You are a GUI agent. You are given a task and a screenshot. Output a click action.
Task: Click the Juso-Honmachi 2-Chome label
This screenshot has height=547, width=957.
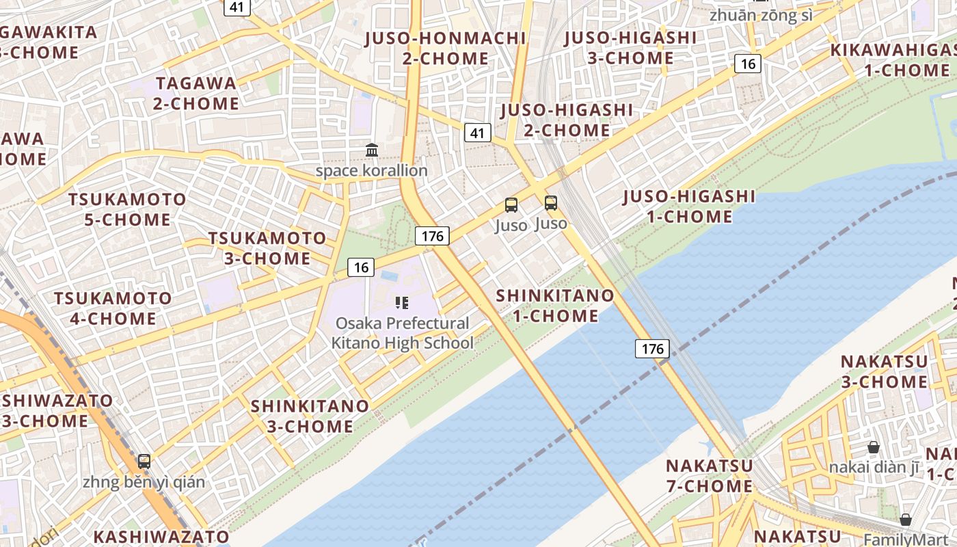tap(446, 48)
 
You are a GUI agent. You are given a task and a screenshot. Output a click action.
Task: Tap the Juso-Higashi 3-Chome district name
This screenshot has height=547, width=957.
tap(630, 48)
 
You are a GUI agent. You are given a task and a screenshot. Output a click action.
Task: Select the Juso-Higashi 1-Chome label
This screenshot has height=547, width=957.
tap(689, 206)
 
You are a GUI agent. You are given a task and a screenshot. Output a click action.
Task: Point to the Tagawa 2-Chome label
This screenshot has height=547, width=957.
tap(196, 94)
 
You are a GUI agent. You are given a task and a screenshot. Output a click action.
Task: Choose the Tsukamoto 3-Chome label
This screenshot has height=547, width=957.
tap(267, 248)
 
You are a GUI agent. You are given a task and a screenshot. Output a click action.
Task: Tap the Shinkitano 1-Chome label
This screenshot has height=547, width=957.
tap(555, 306)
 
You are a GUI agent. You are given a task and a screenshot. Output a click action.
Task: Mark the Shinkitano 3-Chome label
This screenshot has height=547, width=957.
tap(310, 416)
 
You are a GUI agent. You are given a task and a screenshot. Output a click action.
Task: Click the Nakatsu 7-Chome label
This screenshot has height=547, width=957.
tap(710, 476)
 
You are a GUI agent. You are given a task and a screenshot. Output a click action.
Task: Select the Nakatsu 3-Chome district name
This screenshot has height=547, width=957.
tap(884, 371)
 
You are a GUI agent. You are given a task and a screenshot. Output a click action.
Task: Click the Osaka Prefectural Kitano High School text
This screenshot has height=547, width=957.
tap(402, 333)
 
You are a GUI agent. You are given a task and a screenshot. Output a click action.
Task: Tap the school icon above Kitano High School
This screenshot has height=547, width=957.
tap(402, 302)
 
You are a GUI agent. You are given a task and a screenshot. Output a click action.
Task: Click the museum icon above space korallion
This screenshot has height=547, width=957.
tap(372, 150)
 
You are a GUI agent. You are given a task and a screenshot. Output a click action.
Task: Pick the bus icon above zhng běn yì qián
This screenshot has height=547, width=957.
tap(144, 461)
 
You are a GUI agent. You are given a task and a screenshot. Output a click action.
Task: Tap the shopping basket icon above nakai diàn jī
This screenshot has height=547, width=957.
tap(873, 447)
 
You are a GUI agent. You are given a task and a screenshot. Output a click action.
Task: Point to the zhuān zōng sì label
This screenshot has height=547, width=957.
tap(761, 14)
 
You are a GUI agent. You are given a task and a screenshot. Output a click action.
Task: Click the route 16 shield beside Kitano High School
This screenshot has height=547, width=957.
tap(360, 267)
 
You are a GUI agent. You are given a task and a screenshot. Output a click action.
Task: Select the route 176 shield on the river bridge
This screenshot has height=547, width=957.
tap(652, 349)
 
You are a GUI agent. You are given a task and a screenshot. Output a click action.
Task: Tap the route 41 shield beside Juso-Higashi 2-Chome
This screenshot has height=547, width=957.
tap(478, 133)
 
